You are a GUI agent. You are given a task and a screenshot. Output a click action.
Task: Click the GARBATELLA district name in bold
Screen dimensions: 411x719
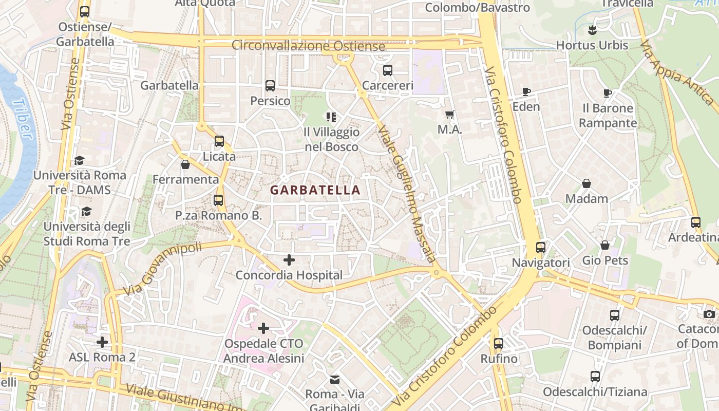pyautogui.click(x=315, y=190)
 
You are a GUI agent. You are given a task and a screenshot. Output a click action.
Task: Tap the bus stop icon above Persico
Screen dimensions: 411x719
pyautogui.click(x=270, y=86)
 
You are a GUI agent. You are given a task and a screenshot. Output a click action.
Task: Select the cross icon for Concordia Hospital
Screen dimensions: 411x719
pyautogui.click(x=289, y=260)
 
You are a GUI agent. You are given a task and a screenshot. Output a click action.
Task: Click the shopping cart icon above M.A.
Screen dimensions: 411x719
pyautogui.click(x=450, y=115)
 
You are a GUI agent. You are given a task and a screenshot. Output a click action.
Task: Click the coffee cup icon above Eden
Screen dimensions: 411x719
pyautogui.click(x=526, y=92)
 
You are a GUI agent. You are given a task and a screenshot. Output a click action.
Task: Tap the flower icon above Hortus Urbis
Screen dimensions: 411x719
pyautogui.click(x=592, y=30)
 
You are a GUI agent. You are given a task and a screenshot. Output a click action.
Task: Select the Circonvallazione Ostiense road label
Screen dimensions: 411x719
pyautogui.click(x=308, y=46)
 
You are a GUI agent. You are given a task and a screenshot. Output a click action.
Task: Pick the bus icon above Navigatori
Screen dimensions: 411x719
pyautogui.click(x=541, y=248)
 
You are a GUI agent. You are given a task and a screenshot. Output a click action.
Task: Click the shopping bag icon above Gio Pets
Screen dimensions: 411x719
pyautogui.click(x=605, y=245)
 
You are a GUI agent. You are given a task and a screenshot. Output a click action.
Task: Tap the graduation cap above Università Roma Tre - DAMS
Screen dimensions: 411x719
pyautogui.click(x=79, y=160)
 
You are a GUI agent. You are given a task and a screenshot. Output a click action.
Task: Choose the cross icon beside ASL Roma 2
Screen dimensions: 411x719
pyautogui.click(x=102, y=342)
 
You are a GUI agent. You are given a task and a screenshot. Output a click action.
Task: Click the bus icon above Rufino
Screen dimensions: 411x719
pyautogui.click(x=498, y=343)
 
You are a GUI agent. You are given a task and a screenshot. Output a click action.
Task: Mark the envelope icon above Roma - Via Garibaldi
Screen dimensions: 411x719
pyautogui.click(x=335, y=380)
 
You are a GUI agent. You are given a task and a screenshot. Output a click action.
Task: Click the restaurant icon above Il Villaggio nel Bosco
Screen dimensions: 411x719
pyautogui.click(x=331, y=117)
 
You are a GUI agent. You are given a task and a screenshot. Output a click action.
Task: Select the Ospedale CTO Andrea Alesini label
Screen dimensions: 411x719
pyautogui.click(x=263, y=351)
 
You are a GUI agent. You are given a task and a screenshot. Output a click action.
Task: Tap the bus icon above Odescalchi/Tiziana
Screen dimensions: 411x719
pyautogui.click(x=595, y=377)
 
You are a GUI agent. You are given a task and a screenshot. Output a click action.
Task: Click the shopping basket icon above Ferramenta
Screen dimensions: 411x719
pyautogui.click(x=185, y=164)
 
